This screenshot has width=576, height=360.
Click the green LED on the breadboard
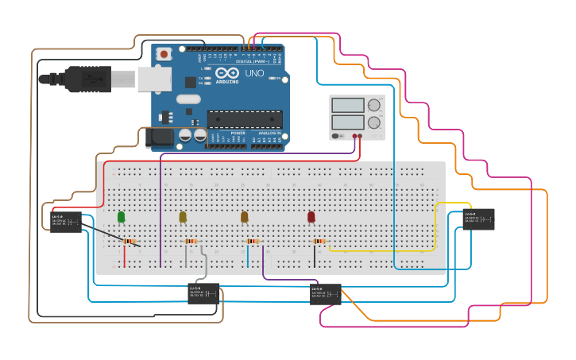tap(121, 216)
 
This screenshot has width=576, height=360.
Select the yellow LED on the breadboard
tap(183, 216)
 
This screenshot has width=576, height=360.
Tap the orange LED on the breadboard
tap(245, 216)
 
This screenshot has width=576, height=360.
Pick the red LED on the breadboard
tap(311, 216)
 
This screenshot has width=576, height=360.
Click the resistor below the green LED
tap(129, 242)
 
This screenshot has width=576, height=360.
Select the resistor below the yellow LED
tap(191, 242)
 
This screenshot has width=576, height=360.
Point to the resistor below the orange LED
tap(253, 242)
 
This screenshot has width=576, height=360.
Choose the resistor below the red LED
tap(319, 242)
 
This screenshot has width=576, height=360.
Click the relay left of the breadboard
tap(66, 222)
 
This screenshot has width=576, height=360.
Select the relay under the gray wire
tap(203, 293)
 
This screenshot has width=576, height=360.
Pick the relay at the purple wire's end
tap(326, 294)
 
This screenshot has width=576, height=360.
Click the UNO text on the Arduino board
tap(254, 74)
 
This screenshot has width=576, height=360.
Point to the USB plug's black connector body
tap(87, 79)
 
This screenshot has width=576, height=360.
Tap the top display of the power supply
tap(347, 105)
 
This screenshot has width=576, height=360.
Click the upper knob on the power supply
tap(373, 105)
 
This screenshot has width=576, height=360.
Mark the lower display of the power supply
tap(347, 122)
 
